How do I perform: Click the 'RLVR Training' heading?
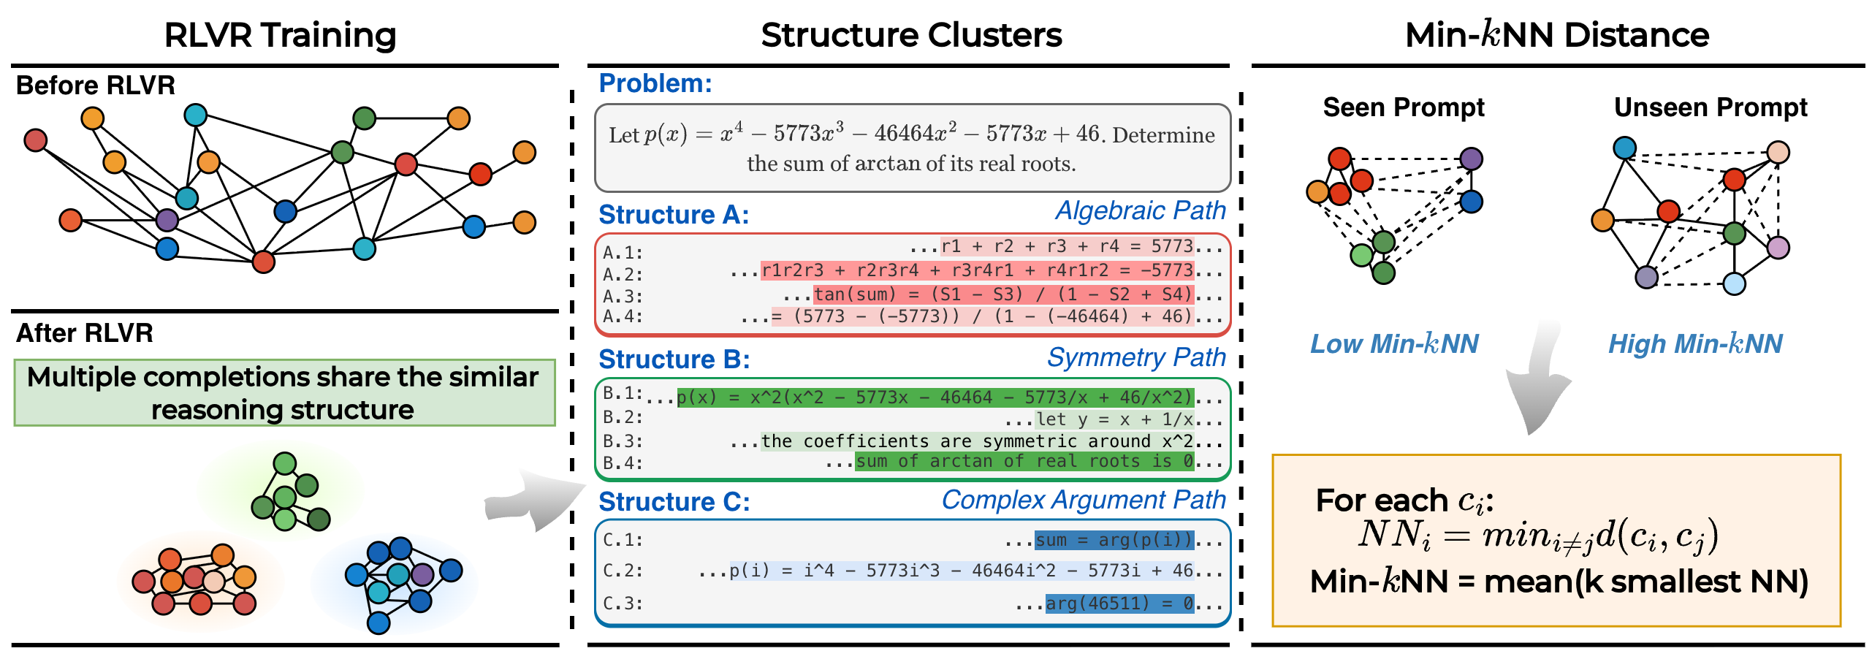(280, 35)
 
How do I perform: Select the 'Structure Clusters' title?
(911, 35)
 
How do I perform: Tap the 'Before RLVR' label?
(96, 85)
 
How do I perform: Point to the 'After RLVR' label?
(85, 333)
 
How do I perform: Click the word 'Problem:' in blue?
(655, 83)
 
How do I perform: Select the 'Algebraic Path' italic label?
(1140, 210)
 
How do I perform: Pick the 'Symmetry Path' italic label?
(1136, 357)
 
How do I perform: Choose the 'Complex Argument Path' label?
(1083, 500)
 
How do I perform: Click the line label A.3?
(623, 297)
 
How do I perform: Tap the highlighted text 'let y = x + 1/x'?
(1114, 419)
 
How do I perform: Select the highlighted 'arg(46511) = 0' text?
(1119, 604)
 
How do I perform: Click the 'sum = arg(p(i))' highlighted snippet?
(1114, 540)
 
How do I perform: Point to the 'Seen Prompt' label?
(1403, 107)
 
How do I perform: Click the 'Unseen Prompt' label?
(1710, 107)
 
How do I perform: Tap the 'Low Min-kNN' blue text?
(1394, 343)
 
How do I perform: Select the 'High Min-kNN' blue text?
(1695, 343)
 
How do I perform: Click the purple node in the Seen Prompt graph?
(1471, 159)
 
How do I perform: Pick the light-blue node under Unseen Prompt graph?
(1734, 283)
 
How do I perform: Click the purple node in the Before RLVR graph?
(167, 219)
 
